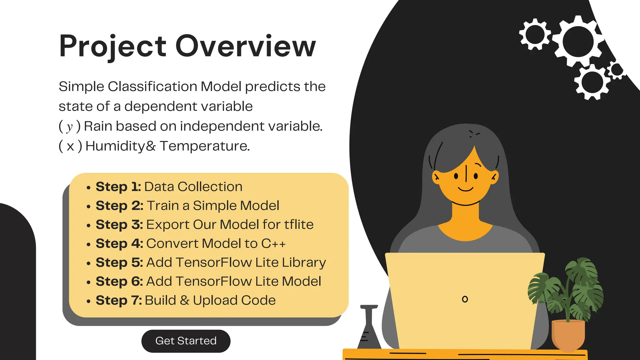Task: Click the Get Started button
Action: click(186, 341)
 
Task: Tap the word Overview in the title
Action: click(246, 46)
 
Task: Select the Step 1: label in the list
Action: click(118, 187)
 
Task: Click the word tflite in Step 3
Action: click(298, 225)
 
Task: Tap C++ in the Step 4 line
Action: click(273, 244)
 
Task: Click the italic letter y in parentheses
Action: click(69, 127)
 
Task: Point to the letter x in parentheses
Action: click(70, 146)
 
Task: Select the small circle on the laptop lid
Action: click(465, 299)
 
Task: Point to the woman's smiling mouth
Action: click(466, 189)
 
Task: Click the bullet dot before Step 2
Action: click(89, 207)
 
